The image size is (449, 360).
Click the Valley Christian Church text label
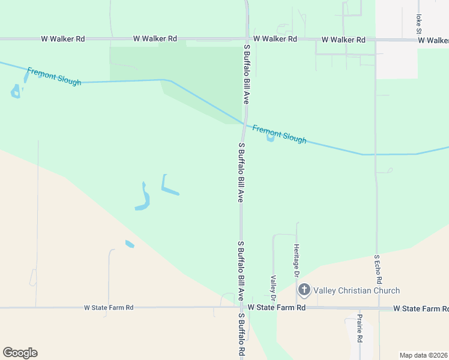coord(357,291)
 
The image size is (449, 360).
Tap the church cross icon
coord(304,291)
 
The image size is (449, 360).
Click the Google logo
coord(20,352)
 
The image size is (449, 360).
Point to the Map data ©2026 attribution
coord(424,355)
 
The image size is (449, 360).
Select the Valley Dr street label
coord(273,288)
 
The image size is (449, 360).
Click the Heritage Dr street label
coord(297,260)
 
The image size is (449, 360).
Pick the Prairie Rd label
coord(359,328)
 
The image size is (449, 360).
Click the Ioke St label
coord(418,25)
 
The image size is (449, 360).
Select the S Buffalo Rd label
coord(242,335)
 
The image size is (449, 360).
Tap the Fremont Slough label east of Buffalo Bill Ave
coord(279,134)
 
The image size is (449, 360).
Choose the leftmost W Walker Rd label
coord(63,38)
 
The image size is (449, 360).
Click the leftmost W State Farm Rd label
coord(109,307)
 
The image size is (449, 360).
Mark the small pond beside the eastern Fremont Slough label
coord(270,138)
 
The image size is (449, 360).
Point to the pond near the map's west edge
coord(15,92)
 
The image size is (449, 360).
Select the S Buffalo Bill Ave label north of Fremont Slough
coord(246,73)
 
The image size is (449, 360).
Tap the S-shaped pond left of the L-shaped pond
coord(143,198)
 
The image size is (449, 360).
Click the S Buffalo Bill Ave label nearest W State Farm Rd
coord(241,271)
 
